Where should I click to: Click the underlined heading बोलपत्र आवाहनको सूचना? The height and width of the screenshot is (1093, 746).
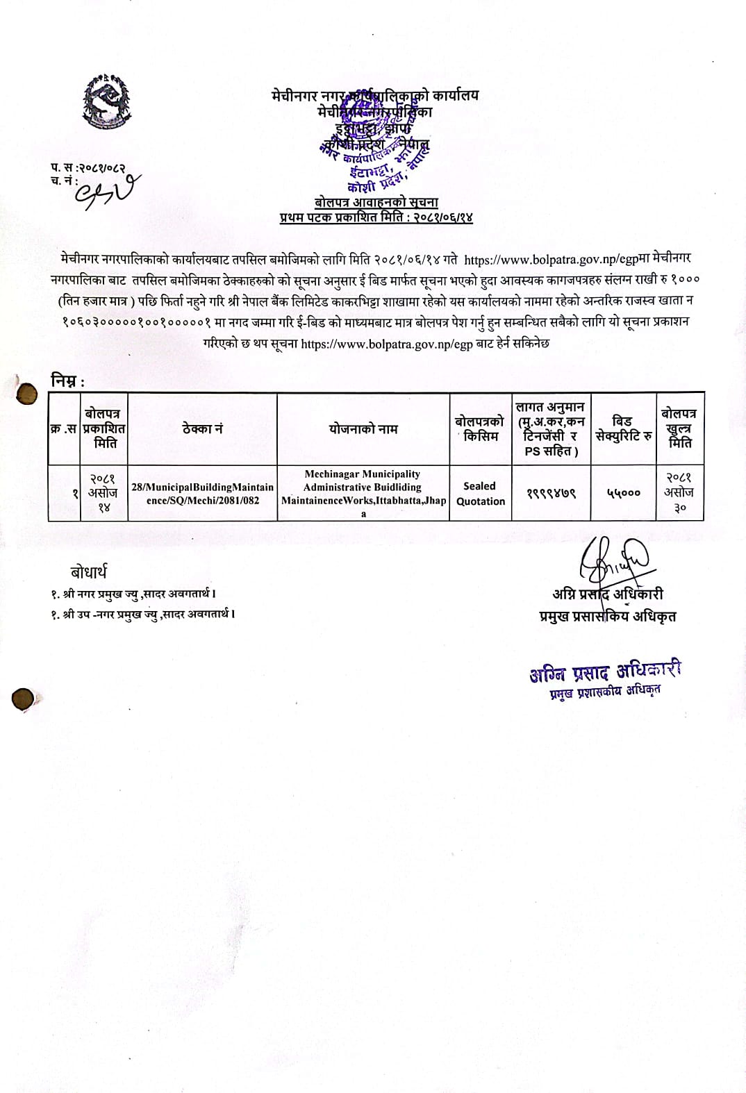[x=376, y=202]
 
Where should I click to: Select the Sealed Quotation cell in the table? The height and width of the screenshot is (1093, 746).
[x=481, y=493]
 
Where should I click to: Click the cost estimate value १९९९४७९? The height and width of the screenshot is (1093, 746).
[x=551, y=493]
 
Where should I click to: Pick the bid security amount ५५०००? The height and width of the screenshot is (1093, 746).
[x=623, y=493]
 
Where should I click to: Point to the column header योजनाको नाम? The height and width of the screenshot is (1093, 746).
[x=363, y=429]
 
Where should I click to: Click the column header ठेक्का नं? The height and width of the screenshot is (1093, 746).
[x=202, y=429]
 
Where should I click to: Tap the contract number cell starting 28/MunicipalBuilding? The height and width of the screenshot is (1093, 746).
[x=202, y=493]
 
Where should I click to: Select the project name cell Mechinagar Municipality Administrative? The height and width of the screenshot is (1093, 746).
[x=363, y=493]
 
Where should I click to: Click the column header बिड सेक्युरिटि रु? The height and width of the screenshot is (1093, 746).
[x=623, y=428]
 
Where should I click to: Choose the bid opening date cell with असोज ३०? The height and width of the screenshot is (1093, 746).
[x=680, y=492]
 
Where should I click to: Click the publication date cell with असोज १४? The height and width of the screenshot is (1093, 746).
[x=103, y=493]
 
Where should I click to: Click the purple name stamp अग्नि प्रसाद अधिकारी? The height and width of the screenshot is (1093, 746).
[x=605, y=671]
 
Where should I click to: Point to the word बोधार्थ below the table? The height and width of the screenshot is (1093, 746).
[x=88, y=572]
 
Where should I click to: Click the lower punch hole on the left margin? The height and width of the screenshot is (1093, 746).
[x=23, y=699]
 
